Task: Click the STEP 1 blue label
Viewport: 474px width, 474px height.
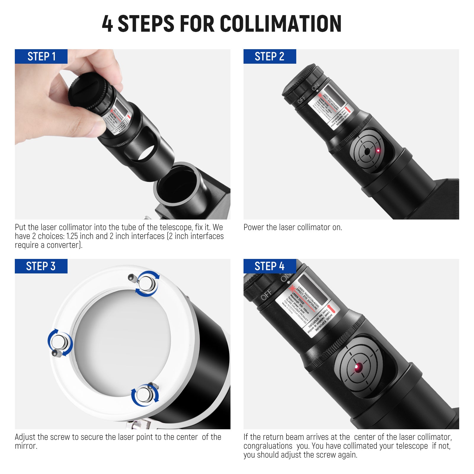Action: pos(41,56)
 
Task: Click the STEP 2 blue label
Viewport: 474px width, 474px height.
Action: pos(270,56)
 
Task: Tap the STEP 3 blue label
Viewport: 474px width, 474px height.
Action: pos(41,266)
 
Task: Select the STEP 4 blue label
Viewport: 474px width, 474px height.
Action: pos(270,266)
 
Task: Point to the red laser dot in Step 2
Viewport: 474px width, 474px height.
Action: pos(378,150)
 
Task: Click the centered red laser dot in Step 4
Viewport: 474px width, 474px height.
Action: pos(358,367)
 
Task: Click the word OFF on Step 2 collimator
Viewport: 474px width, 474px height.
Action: pos(301,100)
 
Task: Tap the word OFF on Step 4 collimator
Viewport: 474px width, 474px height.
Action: pos(266,294)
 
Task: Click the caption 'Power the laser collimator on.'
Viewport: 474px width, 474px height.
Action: pos(293,227)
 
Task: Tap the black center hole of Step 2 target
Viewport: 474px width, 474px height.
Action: pos(367,151)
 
